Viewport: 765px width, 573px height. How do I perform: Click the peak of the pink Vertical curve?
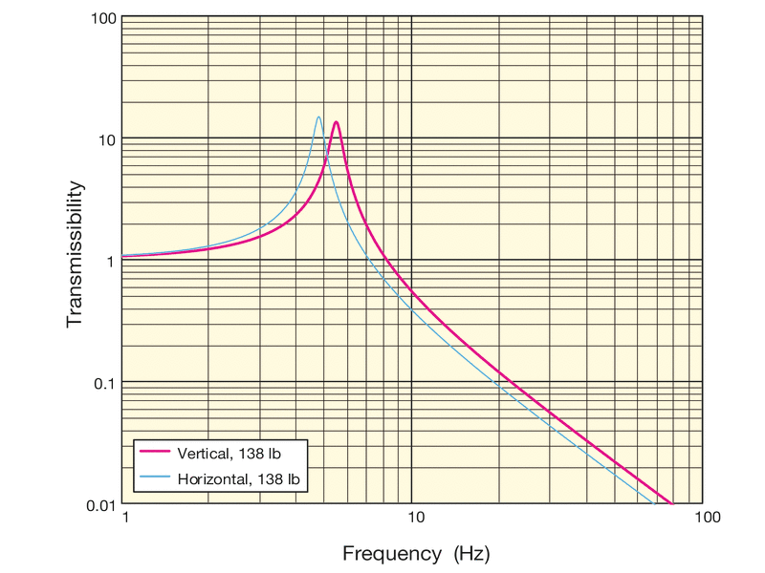pos(336,122)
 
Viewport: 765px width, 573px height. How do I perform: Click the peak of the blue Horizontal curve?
pos(318,117)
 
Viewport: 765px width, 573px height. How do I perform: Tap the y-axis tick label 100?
pos(103,18)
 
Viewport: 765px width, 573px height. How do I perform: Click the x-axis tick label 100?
pos(706,518)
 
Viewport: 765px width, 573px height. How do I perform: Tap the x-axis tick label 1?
pos(124,518)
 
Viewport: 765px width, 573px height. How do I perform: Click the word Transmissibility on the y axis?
pos(76,254)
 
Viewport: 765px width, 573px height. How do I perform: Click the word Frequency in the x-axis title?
pos(386,553)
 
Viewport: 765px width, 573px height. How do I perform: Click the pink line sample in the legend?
pos(153,451)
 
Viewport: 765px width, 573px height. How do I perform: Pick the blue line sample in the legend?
pos(153,476)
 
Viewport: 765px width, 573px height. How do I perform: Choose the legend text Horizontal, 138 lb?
pos(237,476)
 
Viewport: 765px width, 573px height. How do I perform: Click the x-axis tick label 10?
pos(414,518)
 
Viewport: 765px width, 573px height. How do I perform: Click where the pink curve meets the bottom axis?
pos(672,503)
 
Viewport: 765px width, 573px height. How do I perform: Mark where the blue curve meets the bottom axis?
pos(653,503)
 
